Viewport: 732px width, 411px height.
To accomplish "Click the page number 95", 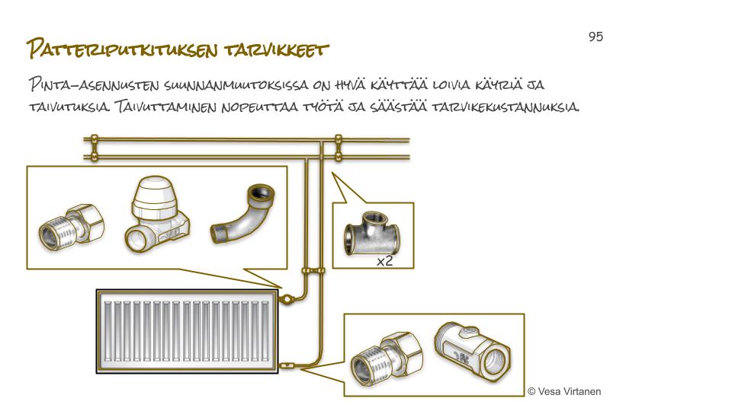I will coord(596,37).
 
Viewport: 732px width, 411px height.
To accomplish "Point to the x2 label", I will coord(384,261).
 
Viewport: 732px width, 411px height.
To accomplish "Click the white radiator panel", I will coord(186,332).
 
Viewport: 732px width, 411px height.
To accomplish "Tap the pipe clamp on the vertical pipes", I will coord(313,270).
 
